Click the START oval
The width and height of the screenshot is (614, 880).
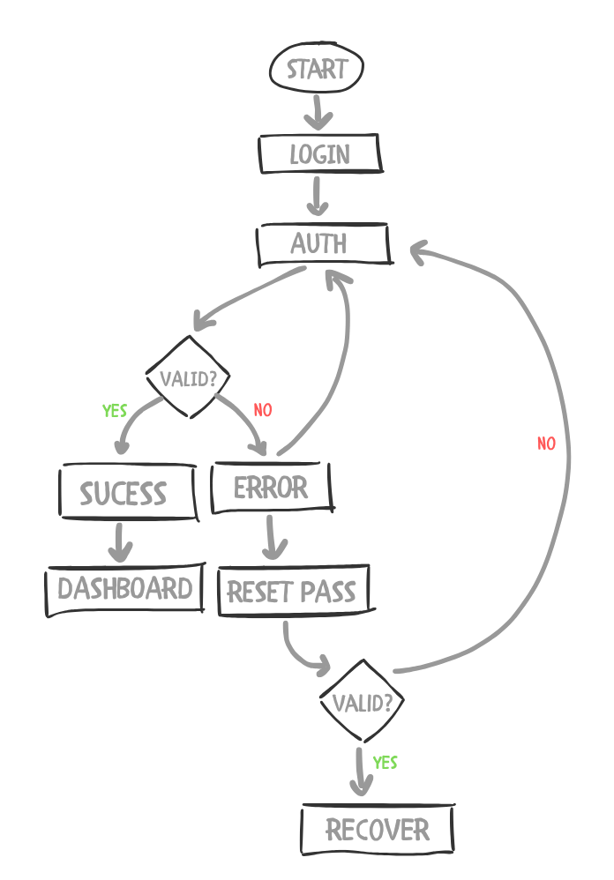coord(317,70)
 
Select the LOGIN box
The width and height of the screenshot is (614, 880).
coord(319,155)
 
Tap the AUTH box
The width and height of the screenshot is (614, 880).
coord(323,243)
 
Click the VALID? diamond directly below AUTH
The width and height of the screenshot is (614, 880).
coord(188,377)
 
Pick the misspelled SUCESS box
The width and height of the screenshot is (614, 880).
coord(126,492)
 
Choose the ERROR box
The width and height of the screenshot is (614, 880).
coord(272,488)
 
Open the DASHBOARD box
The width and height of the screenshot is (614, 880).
coord(124,589)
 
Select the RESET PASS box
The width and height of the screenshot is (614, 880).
coord(293,591)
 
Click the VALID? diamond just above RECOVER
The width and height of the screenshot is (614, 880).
coord(362,702)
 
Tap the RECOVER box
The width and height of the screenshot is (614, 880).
coord(378,829)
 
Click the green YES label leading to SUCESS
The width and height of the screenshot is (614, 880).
coord(115,411)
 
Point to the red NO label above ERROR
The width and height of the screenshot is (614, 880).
coord(263,410)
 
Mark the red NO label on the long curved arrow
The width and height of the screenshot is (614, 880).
coord(547,444)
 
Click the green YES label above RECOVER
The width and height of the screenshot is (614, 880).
coord(386,762)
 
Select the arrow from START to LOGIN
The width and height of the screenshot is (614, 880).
coord(318,113)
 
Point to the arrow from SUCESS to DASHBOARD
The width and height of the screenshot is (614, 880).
coord(120,541)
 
